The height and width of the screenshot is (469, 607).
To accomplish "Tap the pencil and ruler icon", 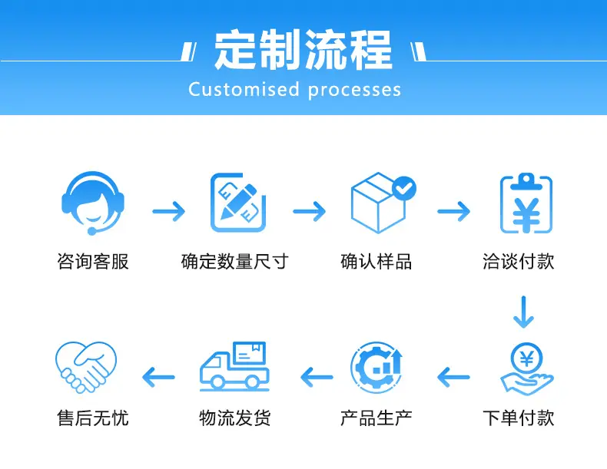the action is [x=237, y=203].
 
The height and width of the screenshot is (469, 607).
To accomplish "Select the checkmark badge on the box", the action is [x=403, y=188].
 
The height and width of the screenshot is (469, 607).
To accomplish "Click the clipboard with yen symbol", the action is [x=526, y=203].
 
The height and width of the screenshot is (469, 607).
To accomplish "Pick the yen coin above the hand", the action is [x=526, y=359].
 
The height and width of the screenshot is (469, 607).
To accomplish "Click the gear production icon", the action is [x=376, y=368].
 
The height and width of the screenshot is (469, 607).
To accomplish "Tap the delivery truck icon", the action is [x=234, y=366].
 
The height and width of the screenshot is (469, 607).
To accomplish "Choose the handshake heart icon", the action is [x=86, y=367].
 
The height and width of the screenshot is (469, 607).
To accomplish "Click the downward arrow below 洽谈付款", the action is [x=523, y=312].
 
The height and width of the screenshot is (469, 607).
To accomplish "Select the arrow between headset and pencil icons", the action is [x=169, y=211].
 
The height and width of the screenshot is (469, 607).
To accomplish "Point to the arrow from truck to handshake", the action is [x=159, y=377].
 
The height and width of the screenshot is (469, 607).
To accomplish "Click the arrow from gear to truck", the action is [x=317, y=377].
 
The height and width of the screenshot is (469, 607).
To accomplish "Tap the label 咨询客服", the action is [x=93, y=262].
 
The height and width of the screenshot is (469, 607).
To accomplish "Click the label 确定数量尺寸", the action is [x=234, y=262].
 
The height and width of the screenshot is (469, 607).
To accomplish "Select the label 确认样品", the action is [x=376, y=262].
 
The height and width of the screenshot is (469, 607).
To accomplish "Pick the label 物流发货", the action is [x=234, y=418].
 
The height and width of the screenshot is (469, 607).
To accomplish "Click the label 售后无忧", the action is [x=93, y=418].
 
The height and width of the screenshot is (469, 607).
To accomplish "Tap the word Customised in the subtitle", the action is [x=244, y=89].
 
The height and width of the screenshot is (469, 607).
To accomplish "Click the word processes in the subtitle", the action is [x=355, y=91].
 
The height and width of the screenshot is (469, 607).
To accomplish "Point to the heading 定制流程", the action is [x=303, y=50].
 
